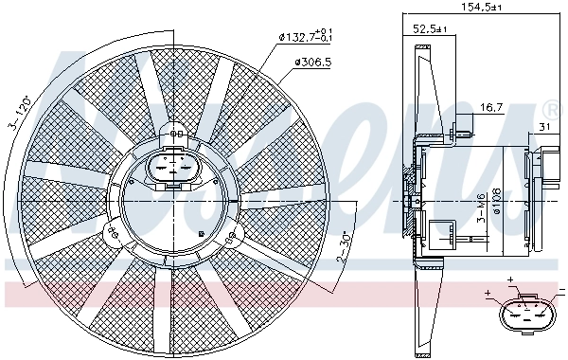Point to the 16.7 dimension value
point(489,109)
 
